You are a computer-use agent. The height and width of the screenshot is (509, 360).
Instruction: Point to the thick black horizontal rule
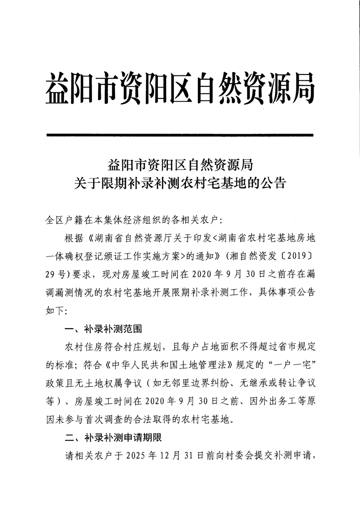180,135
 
